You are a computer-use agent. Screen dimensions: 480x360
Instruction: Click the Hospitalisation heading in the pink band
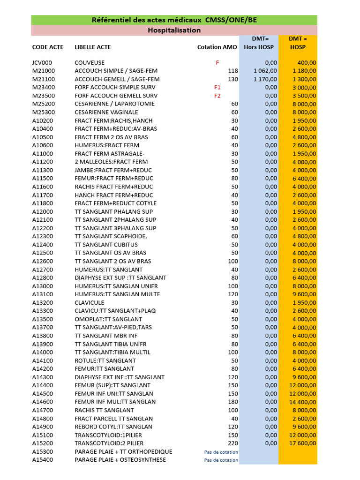(174, 30)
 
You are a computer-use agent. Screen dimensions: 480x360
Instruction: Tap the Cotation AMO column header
(217, 47)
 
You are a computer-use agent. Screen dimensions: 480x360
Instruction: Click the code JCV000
(42, 62)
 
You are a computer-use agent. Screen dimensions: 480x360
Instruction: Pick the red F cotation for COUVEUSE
(217, 62)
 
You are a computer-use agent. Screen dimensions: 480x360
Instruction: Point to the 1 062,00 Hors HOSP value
(265, 71)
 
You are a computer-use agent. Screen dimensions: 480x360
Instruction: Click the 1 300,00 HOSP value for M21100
(305, 79)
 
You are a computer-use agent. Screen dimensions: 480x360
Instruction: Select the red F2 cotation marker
(217, 96)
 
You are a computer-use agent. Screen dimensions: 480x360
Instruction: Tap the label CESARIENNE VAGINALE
(106, 112)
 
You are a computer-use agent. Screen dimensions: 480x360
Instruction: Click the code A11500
(43, 178)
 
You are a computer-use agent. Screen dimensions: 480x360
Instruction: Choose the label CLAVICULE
(90, 302)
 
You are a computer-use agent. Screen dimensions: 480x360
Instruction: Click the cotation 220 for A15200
(233, 443)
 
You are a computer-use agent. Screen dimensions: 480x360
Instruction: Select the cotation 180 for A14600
(233, 402)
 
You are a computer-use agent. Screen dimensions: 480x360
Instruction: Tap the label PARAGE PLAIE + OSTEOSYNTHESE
(120, 460)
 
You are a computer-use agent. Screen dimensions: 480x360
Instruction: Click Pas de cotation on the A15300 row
(221, 452)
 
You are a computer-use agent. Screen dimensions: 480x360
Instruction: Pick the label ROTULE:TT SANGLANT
(105, 360)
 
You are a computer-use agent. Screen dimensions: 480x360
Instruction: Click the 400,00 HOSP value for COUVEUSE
(307, 62)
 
